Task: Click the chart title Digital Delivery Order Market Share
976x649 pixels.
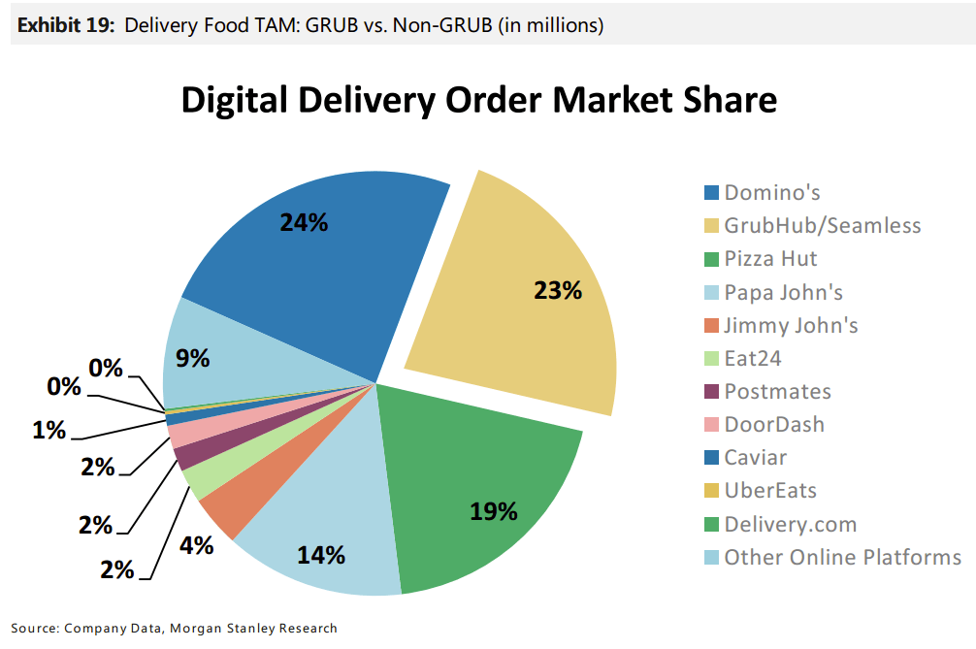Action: (478, 100)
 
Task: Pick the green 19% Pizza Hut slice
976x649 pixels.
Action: (473, 492)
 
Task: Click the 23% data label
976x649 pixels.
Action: (558, 291)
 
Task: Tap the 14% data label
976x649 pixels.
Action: (321, 555)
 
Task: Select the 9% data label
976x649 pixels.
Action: (192, 358)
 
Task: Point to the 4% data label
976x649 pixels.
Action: (197, 546)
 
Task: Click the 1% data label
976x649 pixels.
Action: (49, 430)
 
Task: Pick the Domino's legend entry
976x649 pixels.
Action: (762, 192)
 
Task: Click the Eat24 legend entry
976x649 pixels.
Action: (742, 358)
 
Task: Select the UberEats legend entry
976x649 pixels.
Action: (760, 490)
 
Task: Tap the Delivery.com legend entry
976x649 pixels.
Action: (781, 524)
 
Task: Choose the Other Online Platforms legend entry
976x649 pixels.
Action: (832, 557)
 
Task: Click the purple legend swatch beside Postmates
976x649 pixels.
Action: (711, 392)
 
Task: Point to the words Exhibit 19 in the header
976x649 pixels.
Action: (66, 25)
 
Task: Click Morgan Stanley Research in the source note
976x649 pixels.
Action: (253, 628)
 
